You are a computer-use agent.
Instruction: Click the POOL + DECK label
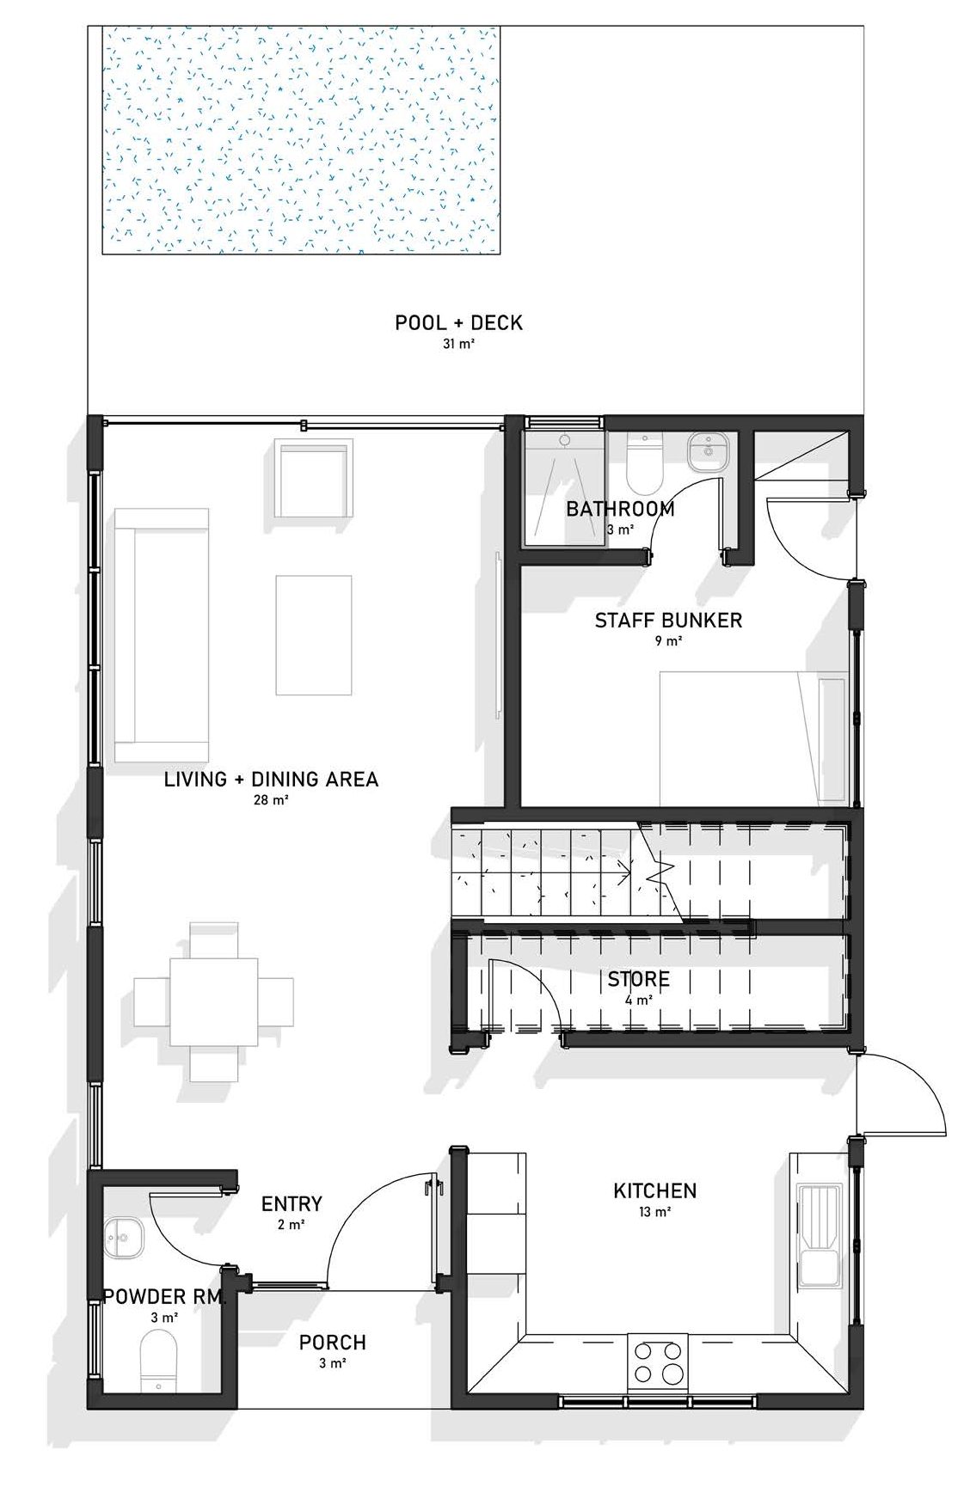click(458, 322)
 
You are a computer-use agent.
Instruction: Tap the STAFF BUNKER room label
click(668, 620)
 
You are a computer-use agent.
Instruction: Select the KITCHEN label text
click(654, 1190)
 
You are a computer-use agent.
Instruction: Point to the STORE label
click(638, 979)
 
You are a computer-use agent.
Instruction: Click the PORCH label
click(333, 1342)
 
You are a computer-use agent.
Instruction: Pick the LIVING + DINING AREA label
click(271, 779)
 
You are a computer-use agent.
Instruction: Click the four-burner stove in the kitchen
click(658, 1362)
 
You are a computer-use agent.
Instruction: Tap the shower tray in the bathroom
click(563, 486)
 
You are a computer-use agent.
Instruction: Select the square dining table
click(214, 1001)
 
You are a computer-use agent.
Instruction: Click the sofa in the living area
click(162, 635)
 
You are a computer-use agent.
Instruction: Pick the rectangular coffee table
click(314, 635)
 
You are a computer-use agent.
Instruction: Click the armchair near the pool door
click(314, 478)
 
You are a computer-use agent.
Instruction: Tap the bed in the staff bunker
click(754, 738)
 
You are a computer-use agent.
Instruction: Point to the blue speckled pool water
click(301, 140)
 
